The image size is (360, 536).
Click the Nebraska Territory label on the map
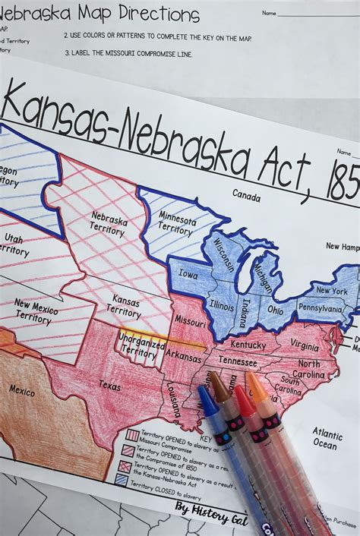click(107, 223)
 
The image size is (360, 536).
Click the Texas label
click(109, 386)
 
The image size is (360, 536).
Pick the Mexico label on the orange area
click(21, 389)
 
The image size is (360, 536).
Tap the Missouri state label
click(191, 320)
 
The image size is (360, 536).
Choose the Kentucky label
click(249, 344)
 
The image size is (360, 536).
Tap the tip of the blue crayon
click(202, 391)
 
